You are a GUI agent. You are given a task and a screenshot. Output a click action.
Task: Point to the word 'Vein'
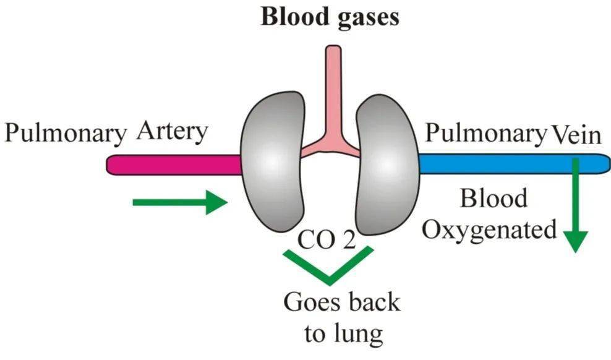[x=576, y=134]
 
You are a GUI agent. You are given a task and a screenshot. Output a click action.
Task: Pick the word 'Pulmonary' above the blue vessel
[x=486, y=134]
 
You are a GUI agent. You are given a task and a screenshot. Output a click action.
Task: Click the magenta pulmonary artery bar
[x=173, y=164]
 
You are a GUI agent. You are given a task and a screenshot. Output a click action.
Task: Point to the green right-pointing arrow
[x=180, y=202]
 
